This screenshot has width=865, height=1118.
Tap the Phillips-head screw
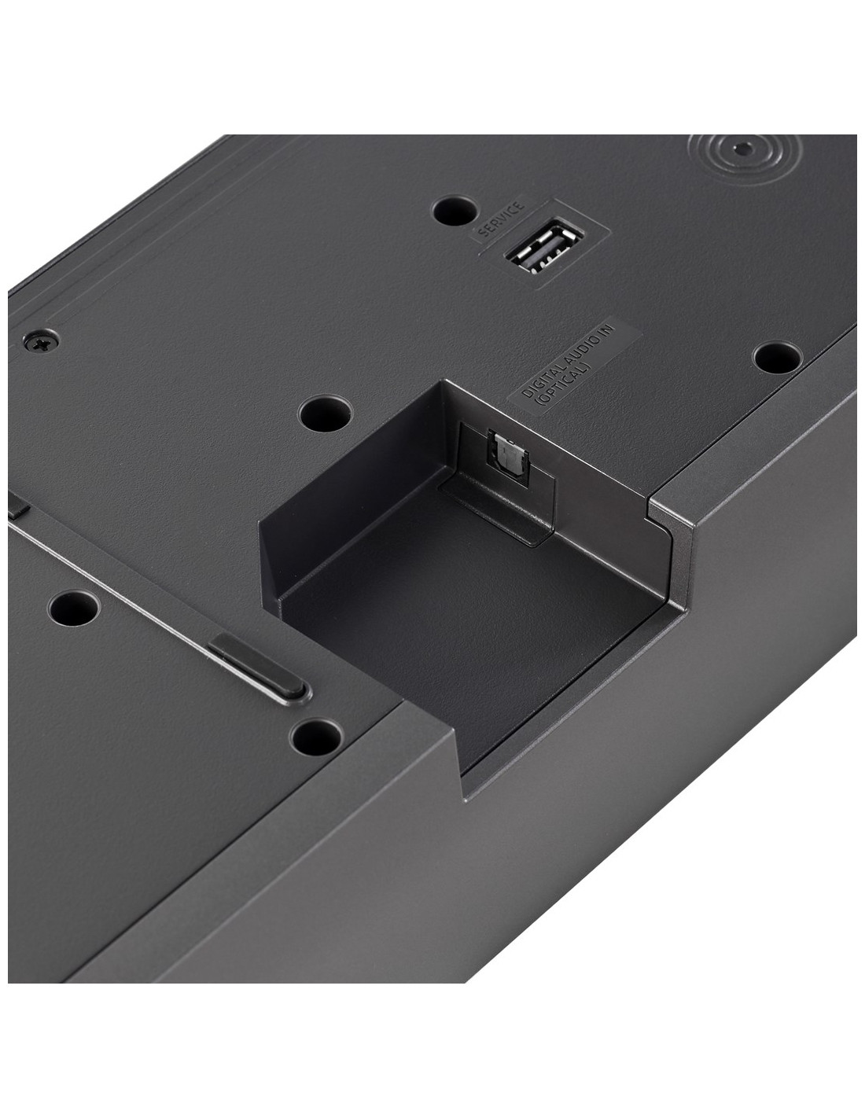[41, 340]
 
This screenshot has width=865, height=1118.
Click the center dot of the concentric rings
[742, 149]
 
